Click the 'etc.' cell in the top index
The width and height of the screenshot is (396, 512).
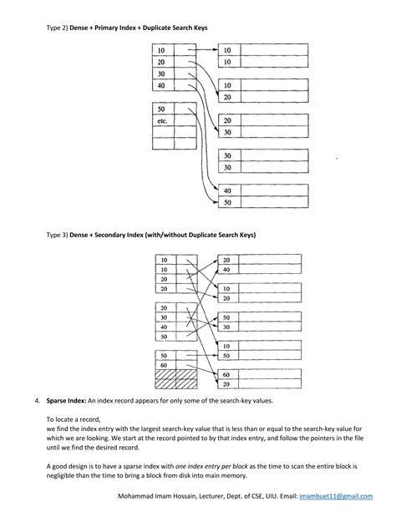click(x=162, y=121)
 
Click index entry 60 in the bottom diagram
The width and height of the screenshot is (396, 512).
click(x=164, y=365)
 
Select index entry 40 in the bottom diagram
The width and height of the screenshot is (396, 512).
click(x=164, y=327)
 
